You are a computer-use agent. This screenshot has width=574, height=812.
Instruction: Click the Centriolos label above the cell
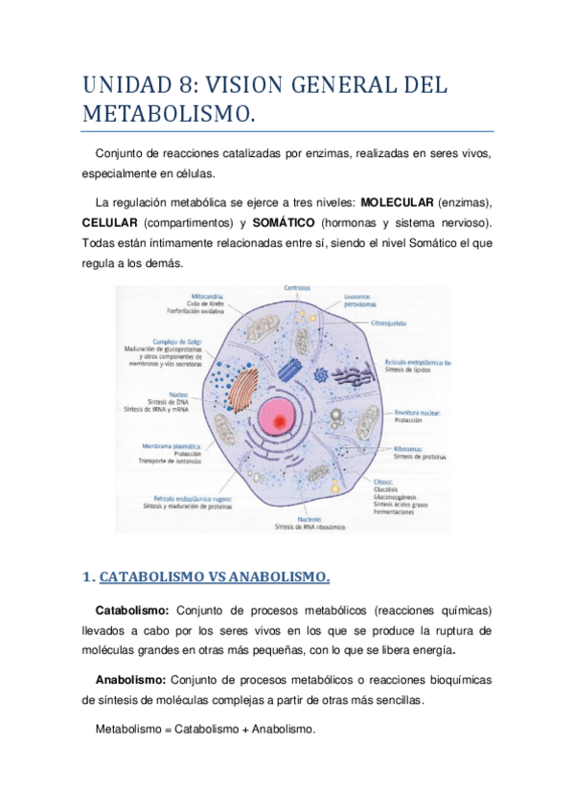(x=302, y=288)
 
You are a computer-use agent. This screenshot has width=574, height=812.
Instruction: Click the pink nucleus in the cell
(x=279, y=413)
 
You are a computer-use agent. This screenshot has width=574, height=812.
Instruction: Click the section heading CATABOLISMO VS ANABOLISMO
(x=215, y=576)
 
